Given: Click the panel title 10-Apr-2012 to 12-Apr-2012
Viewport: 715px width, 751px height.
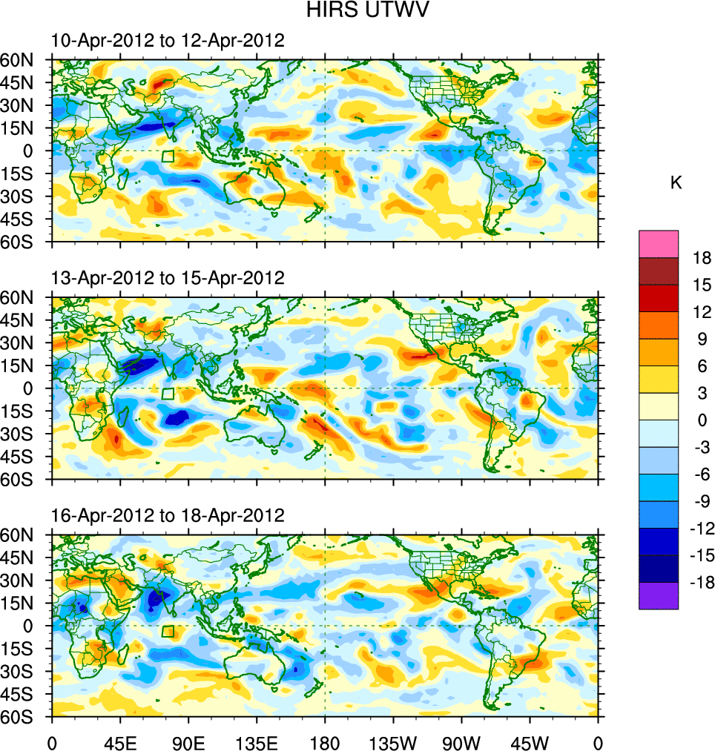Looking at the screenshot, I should pyautogui.click(x=168, y=41).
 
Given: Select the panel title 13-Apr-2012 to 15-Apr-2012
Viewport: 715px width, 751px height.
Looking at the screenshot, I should pyautogui.click(x=168, y=278).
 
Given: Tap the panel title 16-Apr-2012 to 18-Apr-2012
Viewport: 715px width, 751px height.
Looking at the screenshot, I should pyautogui.click(x=168, y=515).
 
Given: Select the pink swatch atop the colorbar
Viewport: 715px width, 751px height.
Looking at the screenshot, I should pyautogui.click(x=659, y=244).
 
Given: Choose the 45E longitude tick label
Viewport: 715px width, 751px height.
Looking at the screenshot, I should pyautogui.click(x=120, y=741).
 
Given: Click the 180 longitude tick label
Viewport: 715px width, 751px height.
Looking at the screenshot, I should pyautogui.click(x=325, y=741).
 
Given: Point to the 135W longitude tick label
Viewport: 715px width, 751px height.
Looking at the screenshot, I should pyautogui.click(x=393, y=741).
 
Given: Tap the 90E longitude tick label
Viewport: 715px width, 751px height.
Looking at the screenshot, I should pyautogui.click(x=188, y=741).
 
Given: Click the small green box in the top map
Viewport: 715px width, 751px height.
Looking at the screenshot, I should pyautogui.click(x=168, y=156).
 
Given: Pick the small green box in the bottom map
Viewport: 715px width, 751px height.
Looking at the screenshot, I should pyautogui.click(x=168, y=632).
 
